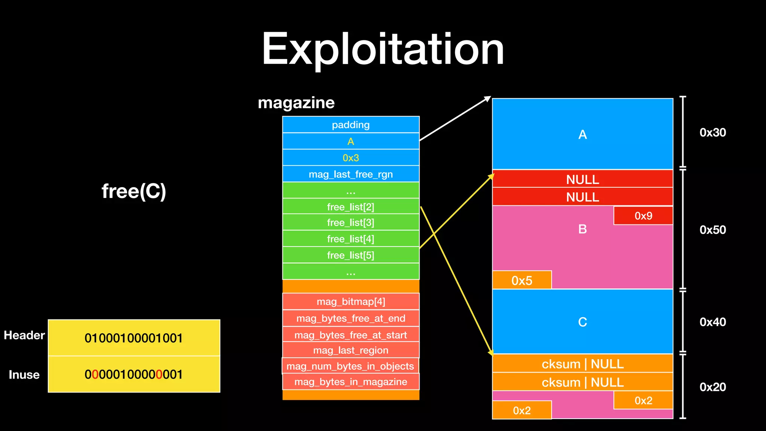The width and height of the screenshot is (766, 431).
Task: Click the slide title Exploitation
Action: click(x=383, y=49)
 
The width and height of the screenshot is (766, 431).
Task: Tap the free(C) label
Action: click(x=134, y=191)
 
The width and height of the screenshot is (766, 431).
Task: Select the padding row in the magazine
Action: click(x=350, y=125)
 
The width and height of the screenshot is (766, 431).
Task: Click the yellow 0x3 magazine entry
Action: click(x=350, y=158)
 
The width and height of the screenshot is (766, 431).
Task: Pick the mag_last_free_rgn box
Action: click(x=350, y=174)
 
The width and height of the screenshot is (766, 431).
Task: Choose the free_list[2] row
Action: click(x=350, y=207)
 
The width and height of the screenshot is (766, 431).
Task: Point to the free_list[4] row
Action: click(x=350, y=239)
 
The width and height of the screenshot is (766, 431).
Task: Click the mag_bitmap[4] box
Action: click(x=350, y=302)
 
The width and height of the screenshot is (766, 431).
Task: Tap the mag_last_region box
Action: click(x=350, y=350)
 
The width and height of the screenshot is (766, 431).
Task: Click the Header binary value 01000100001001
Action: click(x=134, y=338)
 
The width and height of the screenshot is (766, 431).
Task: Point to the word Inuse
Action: click(x=24, y=375)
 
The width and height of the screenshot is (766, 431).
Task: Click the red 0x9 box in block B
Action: click(x=643, y=216)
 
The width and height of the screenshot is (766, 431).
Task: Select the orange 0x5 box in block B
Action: click(x=522, y=280)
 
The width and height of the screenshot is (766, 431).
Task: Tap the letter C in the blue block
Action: click(x=582, y=322)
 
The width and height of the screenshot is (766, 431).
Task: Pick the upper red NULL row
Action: click(x=582, y=180)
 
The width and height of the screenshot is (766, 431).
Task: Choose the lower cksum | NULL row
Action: click(x=582, y=382)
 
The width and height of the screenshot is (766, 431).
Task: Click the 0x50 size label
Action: click(x=713, y=230)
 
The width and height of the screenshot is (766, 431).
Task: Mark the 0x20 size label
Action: click(x=713, y=387)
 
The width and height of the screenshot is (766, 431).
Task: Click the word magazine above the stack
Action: click(x=296, y=103)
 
